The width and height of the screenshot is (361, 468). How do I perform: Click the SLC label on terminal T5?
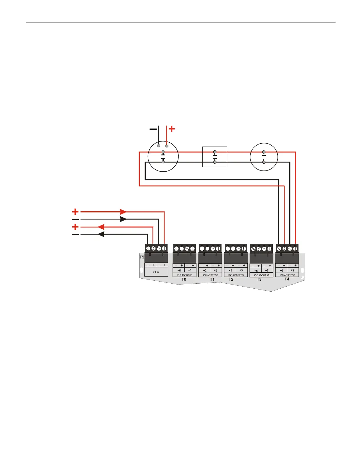point(156,272)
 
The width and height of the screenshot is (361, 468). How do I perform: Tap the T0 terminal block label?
point(184,279)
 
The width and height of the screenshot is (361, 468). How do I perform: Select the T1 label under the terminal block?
point(212,279)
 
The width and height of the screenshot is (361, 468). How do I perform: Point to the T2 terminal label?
point(231,279)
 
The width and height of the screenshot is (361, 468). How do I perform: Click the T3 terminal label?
point(259,279)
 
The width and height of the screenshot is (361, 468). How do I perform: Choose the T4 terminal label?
point(287,279)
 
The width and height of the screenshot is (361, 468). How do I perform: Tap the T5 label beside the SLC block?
point(142,257)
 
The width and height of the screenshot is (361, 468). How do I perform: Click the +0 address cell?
point(179,270)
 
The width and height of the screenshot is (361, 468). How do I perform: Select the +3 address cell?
point(216,270)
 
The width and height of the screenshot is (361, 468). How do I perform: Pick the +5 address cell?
point(241,270)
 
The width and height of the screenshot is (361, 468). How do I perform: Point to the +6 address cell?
point(256,271)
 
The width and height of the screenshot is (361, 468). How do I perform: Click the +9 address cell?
point(292,270)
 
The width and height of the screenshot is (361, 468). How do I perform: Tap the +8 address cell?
point(281,270)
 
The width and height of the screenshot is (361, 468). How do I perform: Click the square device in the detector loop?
point(214,157)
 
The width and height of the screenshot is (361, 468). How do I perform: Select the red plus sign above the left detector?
point(171,129)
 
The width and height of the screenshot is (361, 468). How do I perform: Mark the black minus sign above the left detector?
point(153,129)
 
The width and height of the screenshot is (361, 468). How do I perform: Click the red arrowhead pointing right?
point(123,212)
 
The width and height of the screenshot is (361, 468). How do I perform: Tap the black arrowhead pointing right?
point(123,219)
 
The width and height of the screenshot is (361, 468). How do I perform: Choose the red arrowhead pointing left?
point(101,227)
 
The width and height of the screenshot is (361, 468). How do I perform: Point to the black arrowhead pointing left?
point(101,234)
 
